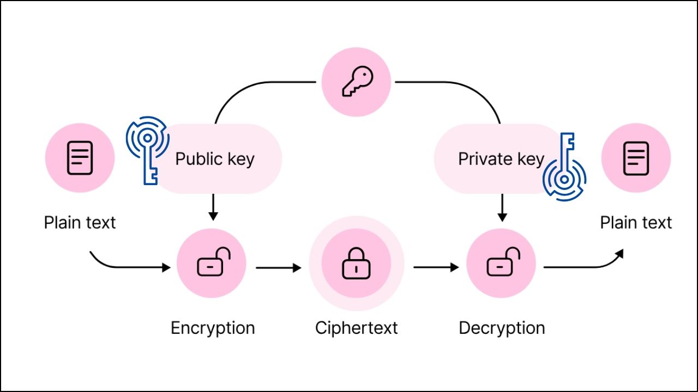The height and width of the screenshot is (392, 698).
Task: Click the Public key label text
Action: (215, 159)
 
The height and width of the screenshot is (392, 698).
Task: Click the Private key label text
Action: (501, 159)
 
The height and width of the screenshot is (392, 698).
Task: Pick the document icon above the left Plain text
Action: (80, 158)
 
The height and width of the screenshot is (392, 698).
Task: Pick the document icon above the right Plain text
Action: (636, 158)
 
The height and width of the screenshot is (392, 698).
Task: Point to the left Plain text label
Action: (80, 223)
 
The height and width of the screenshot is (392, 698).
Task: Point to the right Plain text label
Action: (636, 223)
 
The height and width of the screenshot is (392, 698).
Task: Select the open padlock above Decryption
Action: (502, 264)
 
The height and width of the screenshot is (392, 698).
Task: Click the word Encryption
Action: (213, 328)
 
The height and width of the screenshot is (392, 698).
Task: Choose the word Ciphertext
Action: (356, 328)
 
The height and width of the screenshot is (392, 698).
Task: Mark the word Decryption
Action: (502, 328)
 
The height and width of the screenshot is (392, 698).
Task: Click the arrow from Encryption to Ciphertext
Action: (278, 267)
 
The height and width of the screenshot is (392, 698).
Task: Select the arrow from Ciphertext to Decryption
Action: (436, 267)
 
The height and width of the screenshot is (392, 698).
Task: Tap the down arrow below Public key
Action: (213, 208)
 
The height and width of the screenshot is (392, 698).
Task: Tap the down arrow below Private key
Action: (502, 208)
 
